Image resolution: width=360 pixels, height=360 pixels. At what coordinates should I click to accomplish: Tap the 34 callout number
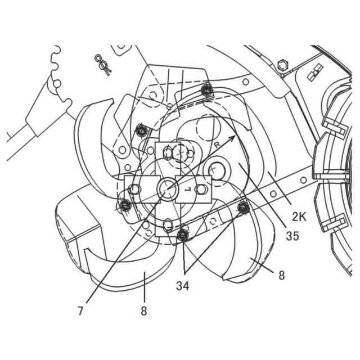click(x=182, y=286)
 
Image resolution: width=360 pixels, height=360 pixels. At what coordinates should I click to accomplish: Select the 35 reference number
click(x=292, y=236)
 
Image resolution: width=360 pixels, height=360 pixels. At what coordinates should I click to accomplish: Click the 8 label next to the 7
click(x=143, y=310)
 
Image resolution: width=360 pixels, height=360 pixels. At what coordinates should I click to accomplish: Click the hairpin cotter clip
click(x=102, y=62)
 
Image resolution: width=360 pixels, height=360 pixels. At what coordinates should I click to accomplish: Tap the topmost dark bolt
click(x=208, y=89)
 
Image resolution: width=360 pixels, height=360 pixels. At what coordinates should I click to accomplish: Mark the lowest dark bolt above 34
click(x=182, y=235)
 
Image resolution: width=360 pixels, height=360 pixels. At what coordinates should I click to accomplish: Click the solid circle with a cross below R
click(x=216, y=169)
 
